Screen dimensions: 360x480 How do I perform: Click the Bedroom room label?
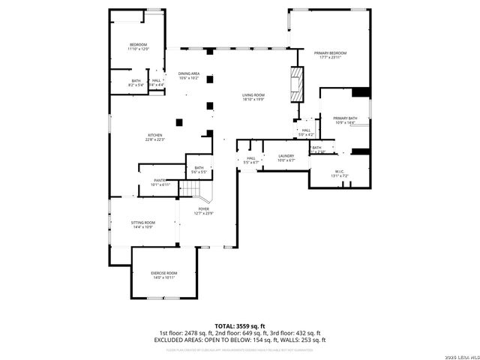[x=139, y=45]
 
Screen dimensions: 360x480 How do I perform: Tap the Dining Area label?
[x=188, y=73]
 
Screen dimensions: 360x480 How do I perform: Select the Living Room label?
[x=253, y=95]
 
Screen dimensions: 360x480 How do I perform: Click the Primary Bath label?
[x=345, y=118]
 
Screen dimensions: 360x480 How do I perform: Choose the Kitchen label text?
[x=155, y=136]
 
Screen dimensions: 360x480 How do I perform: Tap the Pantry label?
[x=160, y=181]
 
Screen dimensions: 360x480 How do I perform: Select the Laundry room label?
[x=286, y=156]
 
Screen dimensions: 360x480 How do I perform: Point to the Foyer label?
[x=204, y=209]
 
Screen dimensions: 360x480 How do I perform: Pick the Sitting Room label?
[x=143, y=223]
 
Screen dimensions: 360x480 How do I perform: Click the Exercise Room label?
[x=164, y=273]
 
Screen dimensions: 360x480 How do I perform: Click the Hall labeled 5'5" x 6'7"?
[x=251, y=159]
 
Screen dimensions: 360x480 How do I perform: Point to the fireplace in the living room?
[x=298, y=82]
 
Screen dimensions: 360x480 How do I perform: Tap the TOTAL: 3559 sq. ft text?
[x=239, y=325]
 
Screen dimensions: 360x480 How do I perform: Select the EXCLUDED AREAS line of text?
[x=239, y=340]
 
